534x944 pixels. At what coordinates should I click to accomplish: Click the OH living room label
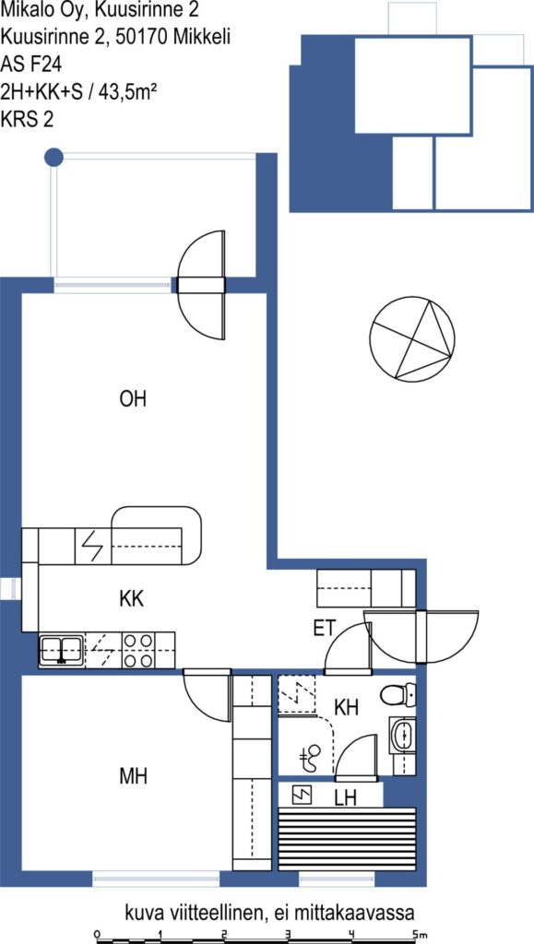(x=134, y=400)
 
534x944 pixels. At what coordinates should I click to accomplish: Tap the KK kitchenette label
(x=132, y=599)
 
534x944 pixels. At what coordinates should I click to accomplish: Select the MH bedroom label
(x=134, y=776)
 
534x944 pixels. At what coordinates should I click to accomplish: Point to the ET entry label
(x=325, y=629)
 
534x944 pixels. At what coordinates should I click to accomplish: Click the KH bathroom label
(x=347, y=708)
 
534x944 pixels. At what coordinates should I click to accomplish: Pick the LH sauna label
(x=346, y=798)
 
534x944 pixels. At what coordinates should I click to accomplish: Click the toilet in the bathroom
(x=398, y=696)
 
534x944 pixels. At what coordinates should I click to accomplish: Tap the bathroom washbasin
(x=403, y=735)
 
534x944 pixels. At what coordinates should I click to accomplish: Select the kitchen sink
(x=62, y=650)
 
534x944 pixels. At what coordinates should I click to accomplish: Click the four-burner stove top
(x=137, y=650)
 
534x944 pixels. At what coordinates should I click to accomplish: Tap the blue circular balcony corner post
(x=54, y=157)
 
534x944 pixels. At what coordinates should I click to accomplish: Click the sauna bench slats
(x=348, y=838)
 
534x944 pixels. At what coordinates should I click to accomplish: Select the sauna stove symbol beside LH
(x=303, y=796)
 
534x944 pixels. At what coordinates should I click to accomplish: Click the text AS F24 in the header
(x=26, y=63)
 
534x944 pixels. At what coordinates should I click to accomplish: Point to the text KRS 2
(x=27, y=119)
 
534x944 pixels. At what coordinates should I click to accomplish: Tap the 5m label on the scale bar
(x=420, y=934)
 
